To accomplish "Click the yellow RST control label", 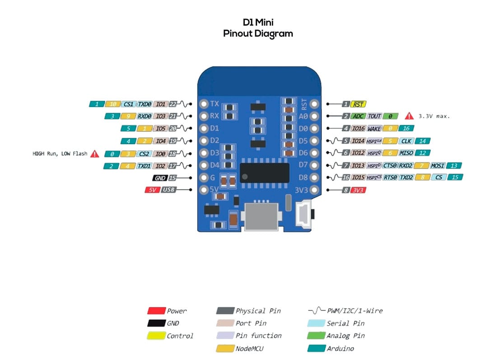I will [x=360, y=104].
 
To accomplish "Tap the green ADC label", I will [x=359, y=116].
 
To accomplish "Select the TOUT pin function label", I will [x=374, y=116].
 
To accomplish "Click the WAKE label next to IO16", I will [x=374, y=129].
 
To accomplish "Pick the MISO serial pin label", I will [x=406, y=153].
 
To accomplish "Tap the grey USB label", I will [x=168, y=190].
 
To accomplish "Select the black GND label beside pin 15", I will [x=159, y=178].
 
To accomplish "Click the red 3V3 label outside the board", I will [x=359, y=190].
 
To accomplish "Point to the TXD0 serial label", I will [x=145, y=104].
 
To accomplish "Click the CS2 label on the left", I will [x=144, y=154].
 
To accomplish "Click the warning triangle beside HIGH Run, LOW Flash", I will [x=94, y=154].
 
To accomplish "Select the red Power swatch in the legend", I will [x=156, y=311].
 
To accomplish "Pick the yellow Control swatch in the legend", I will [x=156, y=336].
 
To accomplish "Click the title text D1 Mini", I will [x=258, y=22].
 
